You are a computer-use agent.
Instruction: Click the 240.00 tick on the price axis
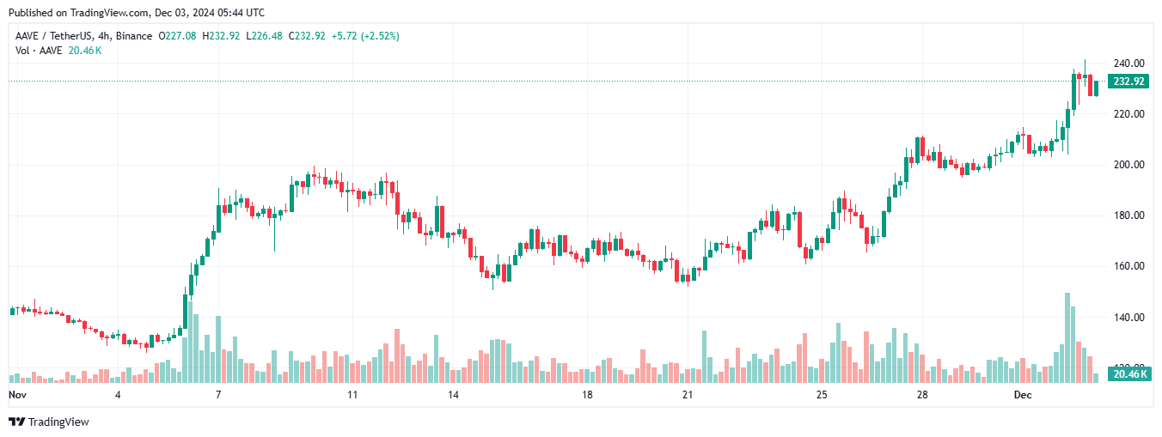(1128, 64)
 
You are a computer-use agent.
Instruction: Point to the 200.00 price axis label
(1128, 165)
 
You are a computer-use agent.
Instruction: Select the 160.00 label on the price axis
(1128, 266)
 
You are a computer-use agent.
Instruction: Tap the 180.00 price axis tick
(1128, 215)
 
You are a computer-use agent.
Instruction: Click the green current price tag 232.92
(1128, 82)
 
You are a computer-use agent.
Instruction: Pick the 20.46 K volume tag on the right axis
(1128, 374)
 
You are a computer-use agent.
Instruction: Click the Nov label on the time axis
(18, 395)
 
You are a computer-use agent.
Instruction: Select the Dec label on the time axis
(1022, 395)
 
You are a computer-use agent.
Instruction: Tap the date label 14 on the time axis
(453, 395)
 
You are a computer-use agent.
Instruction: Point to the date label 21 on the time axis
(687, 395)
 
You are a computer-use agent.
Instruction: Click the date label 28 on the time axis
(921, 395)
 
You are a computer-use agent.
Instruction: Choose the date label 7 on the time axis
(218, 395)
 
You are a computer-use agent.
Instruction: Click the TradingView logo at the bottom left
(49, 422)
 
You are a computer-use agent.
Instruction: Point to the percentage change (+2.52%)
(379, 36)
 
